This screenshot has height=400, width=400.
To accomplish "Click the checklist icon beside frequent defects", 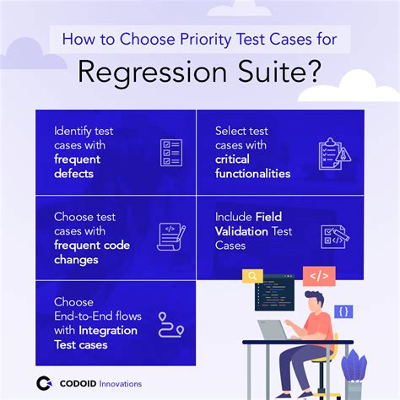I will (x=171, y=153).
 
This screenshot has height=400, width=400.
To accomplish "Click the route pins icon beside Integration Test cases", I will (x=171, y=324).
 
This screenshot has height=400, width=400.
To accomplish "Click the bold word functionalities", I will (x=252, y=174).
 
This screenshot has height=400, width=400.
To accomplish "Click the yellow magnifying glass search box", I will (x=252, y=275).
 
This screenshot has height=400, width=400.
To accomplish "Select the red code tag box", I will (x=321, y=275).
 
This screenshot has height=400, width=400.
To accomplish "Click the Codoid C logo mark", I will (x=45, y=382).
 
